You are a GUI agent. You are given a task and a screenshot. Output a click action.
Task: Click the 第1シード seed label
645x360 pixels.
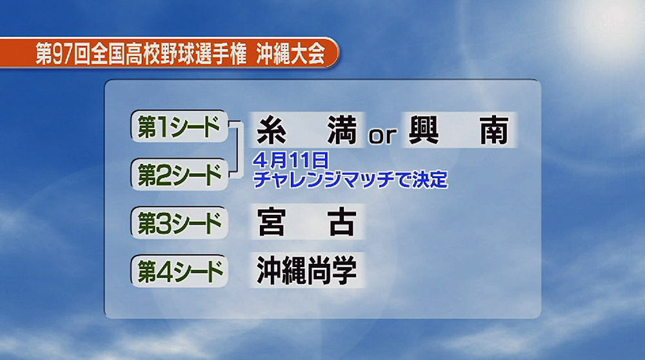click(x=179, y=126)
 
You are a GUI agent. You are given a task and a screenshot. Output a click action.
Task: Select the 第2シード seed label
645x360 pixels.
click(x=179, y=174)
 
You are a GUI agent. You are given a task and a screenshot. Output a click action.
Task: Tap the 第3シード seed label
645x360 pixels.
click(x=179, y=223)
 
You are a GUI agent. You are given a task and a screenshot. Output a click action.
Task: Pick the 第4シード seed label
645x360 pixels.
click(x=179, y=271)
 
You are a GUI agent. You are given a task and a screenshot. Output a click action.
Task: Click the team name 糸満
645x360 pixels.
click(x=306, y=130)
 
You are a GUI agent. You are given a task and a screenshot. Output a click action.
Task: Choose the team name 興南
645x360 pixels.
click(x=459, y=130)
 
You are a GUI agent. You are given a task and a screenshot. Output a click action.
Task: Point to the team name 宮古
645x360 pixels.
click(x=306, y=222)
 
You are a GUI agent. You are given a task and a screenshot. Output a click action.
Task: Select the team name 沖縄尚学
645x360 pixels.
click(x=306, y=270)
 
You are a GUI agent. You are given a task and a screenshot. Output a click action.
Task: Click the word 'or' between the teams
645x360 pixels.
click(x=382, y=135)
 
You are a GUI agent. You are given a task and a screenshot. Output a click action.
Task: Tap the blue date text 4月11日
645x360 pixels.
click(x=291, y=160)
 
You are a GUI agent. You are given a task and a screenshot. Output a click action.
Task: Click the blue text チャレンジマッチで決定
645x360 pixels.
click(x=350, y=179)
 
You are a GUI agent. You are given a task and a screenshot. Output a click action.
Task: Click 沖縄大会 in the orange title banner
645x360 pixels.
click(x=290, y=54)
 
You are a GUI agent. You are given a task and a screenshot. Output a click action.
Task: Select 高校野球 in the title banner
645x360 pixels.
click(x=161, y=54)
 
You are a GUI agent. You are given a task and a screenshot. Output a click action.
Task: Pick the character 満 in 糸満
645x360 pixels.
click(x=342, y=130)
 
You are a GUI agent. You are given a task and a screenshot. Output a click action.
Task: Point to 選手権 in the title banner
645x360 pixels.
click(x=221, y=54)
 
